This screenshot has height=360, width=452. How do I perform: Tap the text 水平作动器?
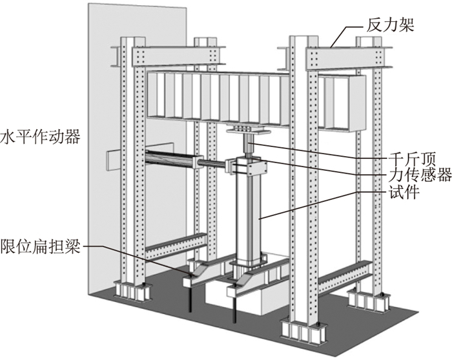[x=40, y=137]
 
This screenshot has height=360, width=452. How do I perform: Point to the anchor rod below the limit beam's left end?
[x=191, y=300]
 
